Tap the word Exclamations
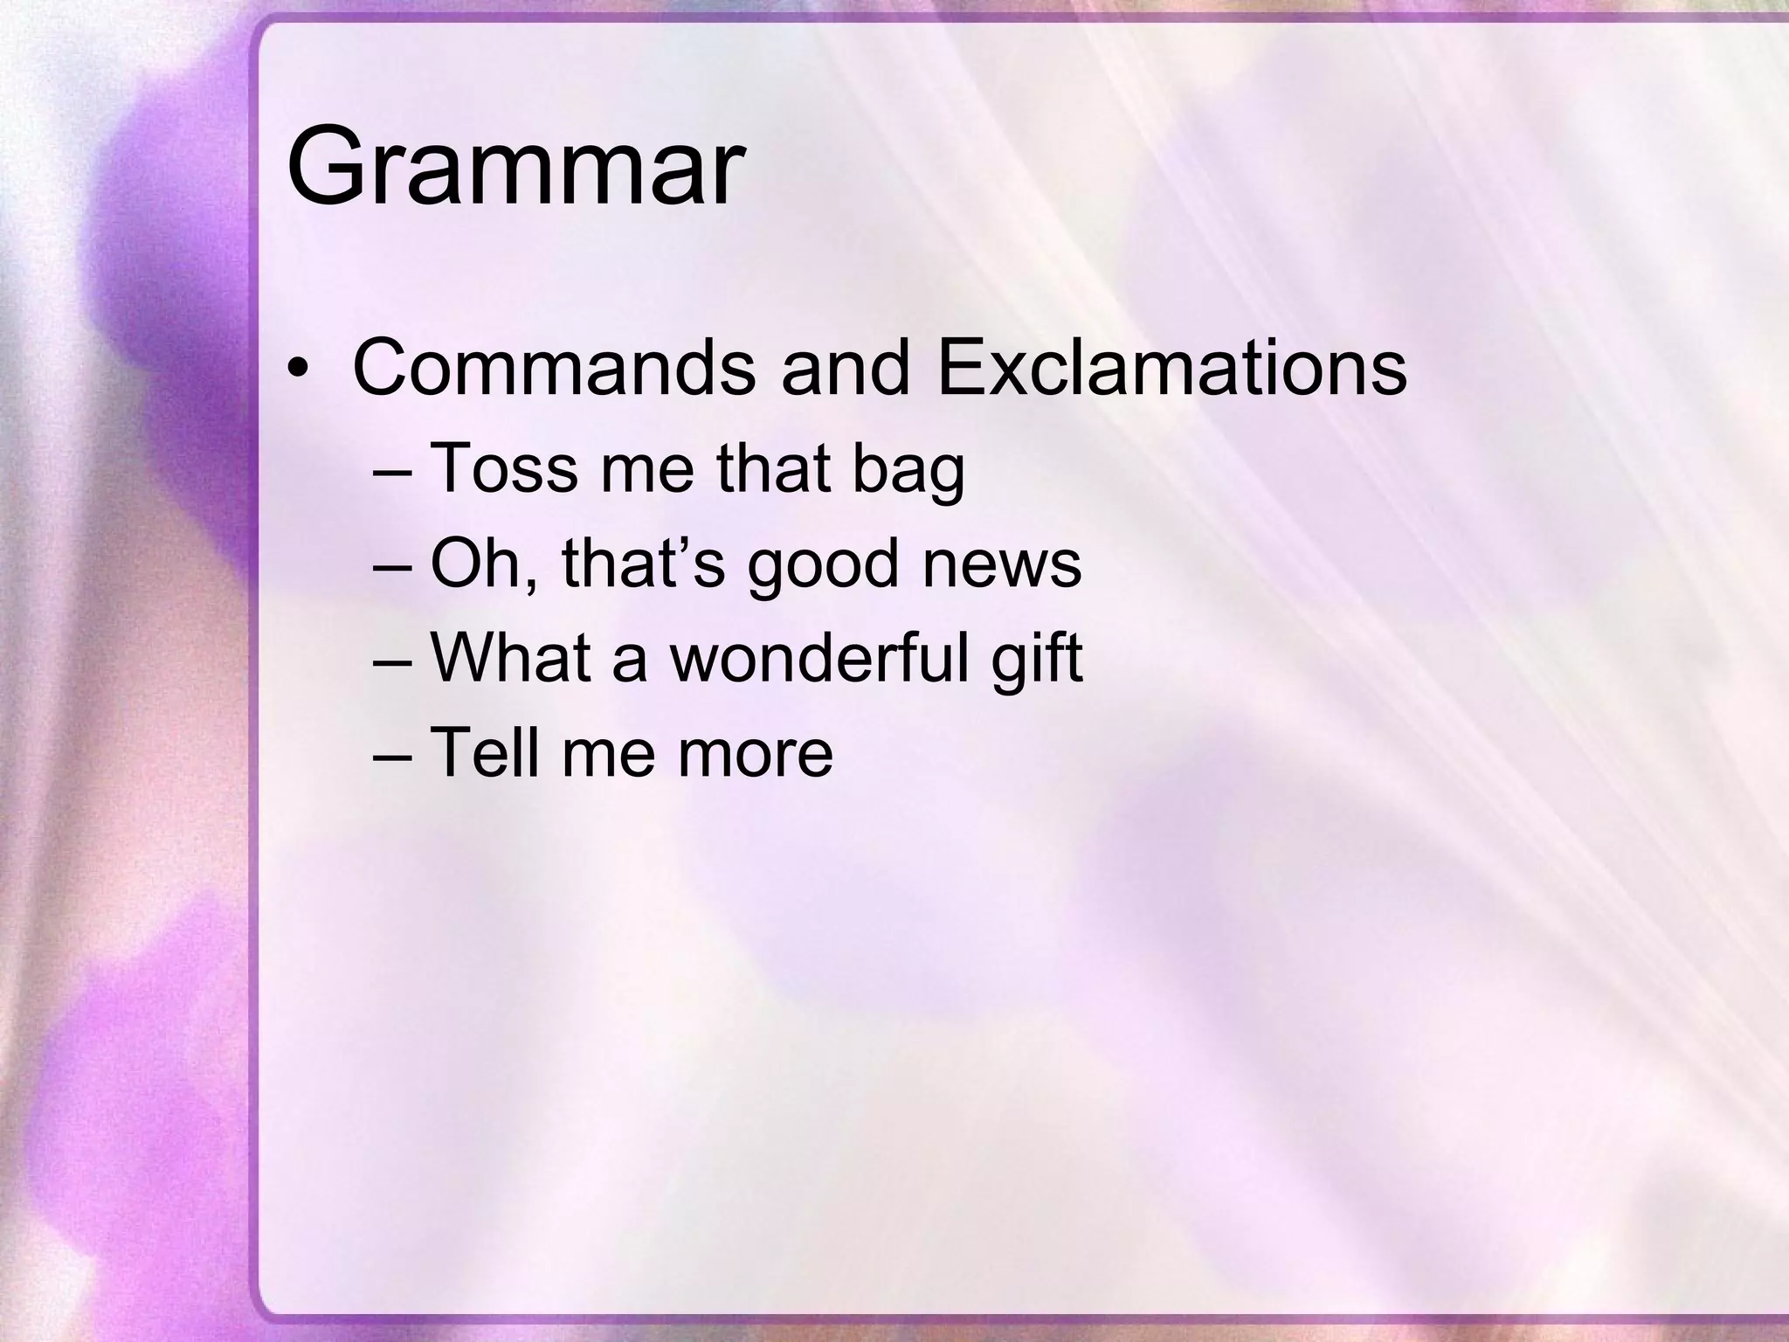coord(1171,368)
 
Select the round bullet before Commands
coord(299,370)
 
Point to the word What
coord(511,658)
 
